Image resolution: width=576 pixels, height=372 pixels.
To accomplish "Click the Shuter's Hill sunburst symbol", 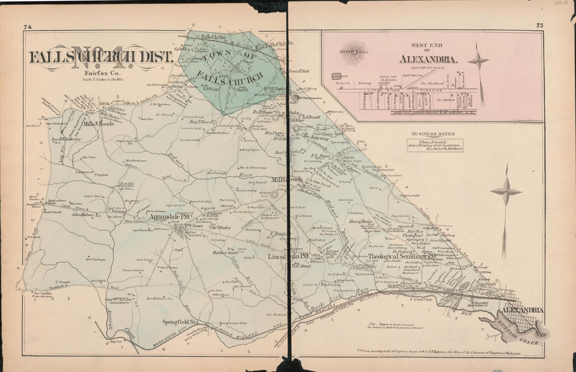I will tap(353, 51).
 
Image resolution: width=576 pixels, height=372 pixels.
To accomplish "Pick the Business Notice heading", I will tap(434, 134).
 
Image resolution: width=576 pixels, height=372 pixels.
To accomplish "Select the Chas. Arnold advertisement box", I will tap(435, 145).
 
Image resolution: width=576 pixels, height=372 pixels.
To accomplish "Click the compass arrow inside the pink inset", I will tap(479, 62).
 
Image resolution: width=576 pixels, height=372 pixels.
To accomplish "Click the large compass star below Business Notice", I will tap(506, 192).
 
